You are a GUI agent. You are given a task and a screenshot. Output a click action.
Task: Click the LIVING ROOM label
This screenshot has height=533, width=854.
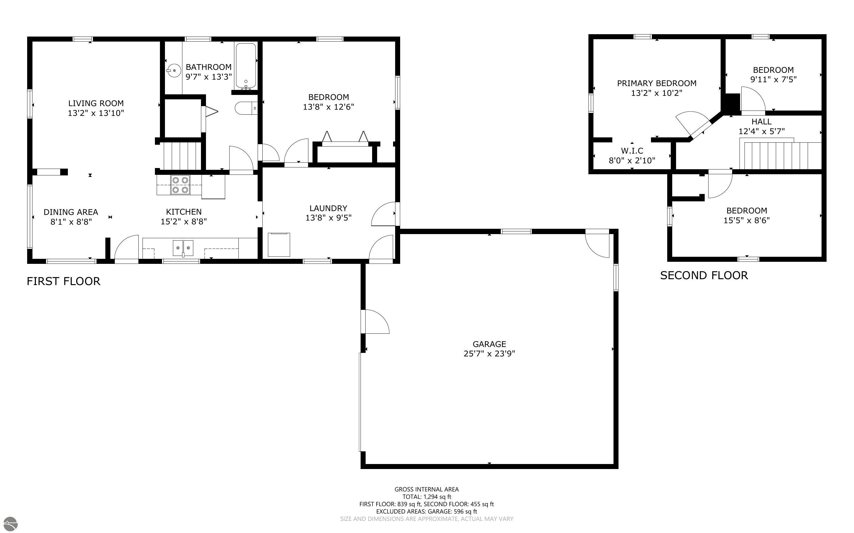click(96, 103)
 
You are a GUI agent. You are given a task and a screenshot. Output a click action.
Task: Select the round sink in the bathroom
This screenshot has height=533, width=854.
click(174, 70)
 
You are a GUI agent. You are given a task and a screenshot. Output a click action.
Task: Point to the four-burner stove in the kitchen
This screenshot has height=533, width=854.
click(180, 185)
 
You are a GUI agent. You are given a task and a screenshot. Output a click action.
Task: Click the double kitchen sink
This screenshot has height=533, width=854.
click(183, 248)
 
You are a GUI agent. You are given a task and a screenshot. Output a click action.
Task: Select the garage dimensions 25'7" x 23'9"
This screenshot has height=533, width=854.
click(489, 353)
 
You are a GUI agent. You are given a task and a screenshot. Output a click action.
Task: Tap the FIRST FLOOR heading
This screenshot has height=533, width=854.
click(63, 281)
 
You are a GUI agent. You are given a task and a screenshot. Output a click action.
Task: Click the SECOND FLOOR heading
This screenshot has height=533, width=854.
click(704, 275)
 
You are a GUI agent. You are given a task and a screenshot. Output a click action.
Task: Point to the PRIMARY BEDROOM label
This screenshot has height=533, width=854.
click(657, 83)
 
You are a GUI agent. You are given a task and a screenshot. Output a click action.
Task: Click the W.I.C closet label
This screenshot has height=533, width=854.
click(632, 151)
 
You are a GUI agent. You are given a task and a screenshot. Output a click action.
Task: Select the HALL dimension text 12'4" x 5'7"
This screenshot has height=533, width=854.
click(762, 131)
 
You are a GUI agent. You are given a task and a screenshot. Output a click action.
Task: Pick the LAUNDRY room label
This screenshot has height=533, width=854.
click(328, 208)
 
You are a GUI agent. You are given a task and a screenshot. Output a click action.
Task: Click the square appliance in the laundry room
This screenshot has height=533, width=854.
click(279, 244)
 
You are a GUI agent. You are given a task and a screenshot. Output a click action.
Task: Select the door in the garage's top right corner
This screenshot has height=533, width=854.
click(598, 244)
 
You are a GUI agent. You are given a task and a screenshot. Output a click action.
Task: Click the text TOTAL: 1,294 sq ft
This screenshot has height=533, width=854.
click(426, 497)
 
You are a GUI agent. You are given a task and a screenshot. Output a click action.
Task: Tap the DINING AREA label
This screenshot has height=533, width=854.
click(71, 212)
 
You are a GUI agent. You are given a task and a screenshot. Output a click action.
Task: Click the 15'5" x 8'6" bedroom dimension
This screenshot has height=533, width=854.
click(746, 220)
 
